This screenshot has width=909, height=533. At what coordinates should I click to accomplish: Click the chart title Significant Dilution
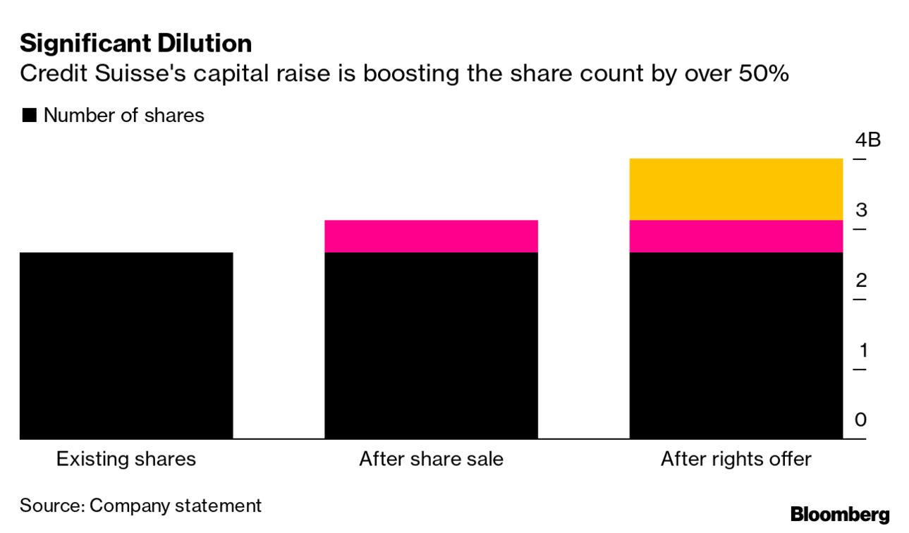click(x=135, y=44)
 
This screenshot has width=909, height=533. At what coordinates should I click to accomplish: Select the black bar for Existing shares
click(x=126, y=345)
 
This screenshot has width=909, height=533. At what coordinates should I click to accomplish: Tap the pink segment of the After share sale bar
click(x=431, y=236)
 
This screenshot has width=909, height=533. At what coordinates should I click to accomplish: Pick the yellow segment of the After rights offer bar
click(x=736, y=189)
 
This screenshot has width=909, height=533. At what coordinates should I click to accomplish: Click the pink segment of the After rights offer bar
click(x=736, y=236)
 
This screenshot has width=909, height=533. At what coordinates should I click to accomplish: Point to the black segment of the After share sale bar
click(x=431, y=345)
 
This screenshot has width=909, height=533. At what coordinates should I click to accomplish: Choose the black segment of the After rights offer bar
click(x=736, y=345)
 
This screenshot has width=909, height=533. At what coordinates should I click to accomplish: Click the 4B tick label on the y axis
click(x=867, y=140)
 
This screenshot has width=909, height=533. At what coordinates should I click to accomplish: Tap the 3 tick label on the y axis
click(x=860, y=210)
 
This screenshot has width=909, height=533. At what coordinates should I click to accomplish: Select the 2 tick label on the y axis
click(x=860, y=280)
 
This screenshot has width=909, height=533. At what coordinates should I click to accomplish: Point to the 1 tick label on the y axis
click(x=860, y=350)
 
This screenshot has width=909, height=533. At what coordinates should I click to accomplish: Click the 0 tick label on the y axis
click(x=860, y=420)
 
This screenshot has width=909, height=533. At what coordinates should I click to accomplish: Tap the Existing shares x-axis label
click(x=126, y=460)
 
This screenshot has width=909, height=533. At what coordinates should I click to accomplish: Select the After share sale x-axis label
click(x=431, y=460)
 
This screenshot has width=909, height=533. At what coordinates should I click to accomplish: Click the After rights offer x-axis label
click(x=736, y=460)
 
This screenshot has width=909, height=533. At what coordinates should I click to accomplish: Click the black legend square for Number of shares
click(x=29, y=116)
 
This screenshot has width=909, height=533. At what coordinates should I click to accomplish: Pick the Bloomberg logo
click(x=839, y=515)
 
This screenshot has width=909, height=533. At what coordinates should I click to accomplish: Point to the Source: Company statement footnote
click(x=140, y=506)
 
